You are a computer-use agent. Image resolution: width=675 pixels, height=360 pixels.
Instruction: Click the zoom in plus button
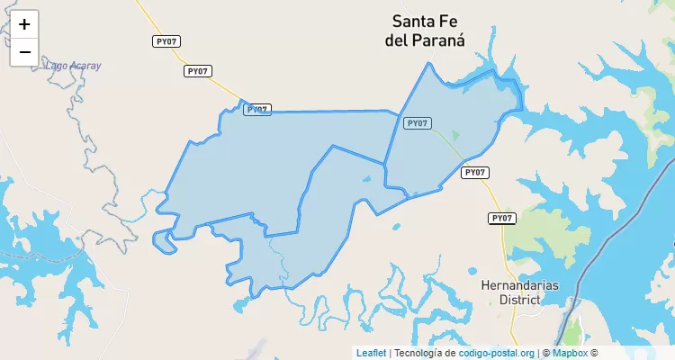click(24, 24)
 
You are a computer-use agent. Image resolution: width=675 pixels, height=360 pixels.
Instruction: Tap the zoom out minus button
click(24, 52)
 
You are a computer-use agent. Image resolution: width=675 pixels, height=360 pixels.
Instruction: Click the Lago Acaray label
click(73, 66)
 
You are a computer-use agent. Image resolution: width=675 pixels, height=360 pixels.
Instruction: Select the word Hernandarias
click(519, 284)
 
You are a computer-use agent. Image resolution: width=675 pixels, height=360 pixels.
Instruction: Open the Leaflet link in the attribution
click(371, 353)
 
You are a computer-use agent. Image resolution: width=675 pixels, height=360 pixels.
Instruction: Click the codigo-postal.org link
click(496, 353)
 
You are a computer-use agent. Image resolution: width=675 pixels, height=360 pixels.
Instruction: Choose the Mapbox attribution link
click(570, 353)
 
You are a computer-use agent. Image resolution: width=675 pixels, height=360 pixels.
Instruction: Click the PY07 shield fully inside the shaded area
click(417, 122)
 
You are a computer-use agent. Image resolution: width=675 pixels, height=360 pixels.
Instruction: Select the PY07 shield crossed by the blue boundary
click(257, 109)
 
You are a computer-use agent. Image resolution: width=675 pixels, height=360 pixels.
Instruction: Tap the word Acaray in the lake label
click(86, 66)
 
